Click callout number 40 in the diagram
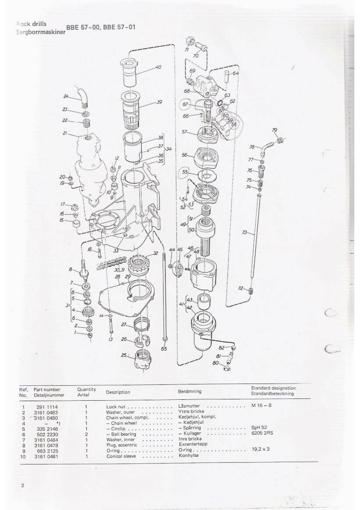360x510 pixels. click(158, 67)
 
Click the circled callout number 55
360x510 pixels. click(185, 172)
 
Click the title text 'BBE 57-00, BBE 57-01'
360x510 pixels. click(100, 27)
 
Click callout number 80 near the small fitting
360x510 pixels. click(215, 363)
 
